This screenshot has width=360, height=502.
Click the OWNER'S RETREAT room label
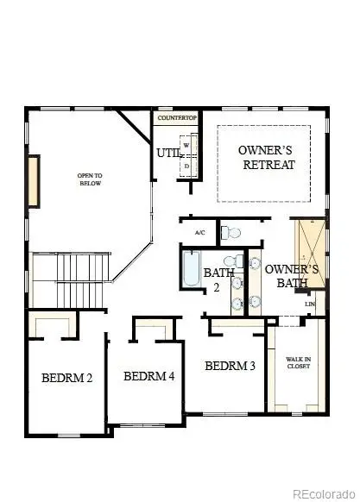coord(267,157)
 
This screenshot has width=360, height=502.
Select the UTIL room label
coord(167,154)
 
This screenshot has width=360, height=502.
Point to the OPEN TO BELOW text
coord(90,179)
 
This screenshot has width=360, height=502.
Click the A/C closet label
coord(199,233)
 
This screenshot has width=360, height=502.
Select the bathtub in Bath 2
coord(190,268)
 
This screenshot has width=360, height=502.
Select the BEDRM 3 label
coord(230,366)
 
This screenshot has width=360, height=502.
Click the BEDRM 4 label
coord(149,376)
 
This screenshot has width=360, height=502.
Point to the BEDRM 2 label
coord(66,378)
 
